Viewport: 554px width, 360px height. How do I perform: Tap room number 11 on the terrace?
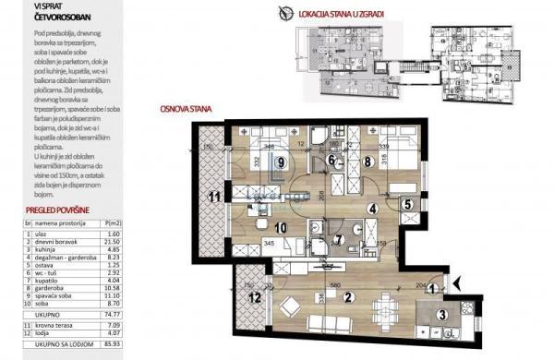[x=213, y=197]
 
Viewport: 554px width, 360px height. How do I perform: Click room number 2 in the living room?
[x=348, y=297]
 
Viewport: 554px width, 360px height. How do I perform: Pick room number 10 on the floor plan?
[x=281, y=226]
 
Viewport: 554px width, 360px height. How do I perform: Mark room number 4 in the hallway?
[x=372, y=209]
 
